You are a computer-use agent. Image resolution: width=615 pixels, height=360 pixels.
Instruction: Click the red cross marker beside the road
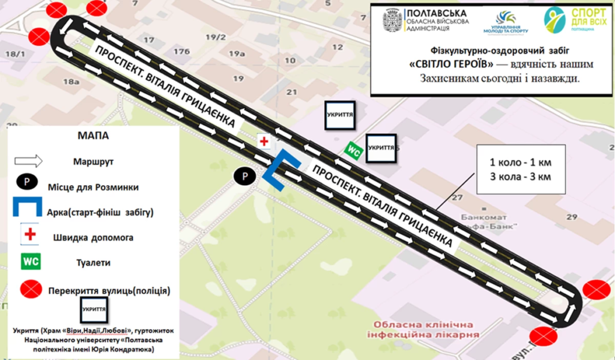click(x=264, y=141)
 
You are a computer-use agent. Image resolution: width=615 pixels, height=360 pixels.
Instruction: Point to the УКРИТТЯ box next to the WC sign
click(x=381, y=147)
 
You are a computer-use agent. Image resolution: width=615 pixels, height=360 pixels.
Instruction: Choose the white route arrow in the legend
click(x=28, y=161)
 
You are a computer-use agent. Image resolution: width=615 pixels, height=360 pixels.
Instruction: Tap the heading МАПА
click(x=93, y=136)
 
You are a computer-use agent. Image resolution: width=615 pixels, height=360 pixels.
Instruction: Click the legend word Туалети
click(x=93, y=263)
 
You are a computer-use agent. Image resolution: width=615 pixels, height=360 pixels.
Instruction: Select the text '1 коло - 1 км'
click(x=520, y=163)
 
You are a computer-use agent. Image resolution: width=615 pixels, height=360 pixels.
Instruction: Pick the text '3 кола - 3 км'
click(x=520, y=177)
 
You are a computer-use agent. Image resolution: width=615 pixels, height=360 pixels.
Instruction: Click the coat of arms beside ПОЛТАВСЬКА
click(x=393, y=21)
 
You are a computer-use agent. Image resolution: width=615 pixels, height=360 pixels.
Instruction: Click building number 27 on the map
click(x=458, y=198)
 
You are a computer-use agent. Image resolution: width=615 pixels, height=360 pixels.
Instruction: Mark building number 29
click(x=571, y=216)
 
